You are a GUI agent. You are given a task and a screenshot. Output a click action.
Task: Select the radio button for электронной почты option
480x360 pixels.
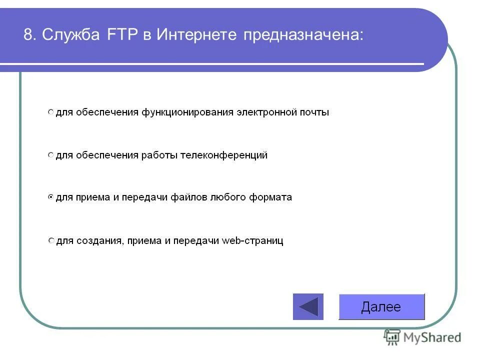point(50,112)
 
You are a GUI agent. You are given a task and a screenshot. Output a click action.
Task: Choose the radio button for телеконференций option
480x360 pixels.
point(50,155)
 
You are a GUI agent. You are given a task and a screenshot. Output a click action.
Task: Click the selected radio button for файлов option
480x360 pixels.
point(50,197)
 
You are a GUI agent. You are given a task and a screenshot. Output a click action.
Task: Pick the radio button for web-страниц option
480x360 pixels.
point(50,241)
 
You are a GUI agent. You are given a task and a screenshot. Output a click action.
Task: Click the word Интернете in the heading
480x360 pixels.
point(196,35)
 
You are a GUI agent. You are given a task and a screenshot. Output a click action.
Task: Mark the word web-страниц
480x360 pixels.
point(253,241)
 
